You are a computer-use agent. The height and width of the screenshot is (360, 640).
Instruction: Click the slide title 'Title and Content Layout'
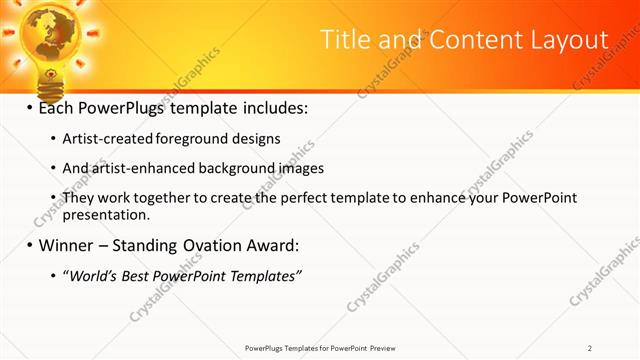click(x=464, y=40)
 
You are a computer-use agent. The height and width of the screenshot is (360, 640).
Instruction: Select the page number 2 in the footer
click(x=590, y=348)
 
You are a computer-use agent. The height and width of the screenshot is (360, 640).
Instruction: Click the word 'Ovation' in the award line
click(x=219, y=245)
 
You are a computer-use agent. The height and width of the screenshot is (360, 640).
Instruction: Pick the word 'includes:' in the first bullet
click(x=275, y=107)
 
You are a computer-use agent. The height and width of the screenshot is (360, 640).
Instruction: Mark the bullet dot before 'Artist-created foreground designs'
click(x=53, y=139)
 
